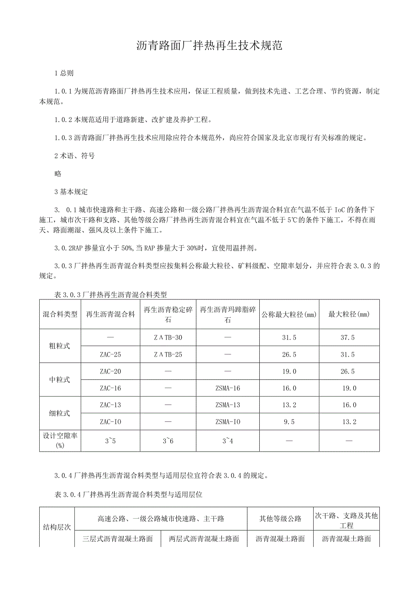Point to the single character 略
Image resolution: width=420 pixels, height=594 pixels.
point(58,173)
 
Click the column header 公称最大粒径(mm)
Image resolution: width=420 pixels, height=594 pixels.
point(289,315)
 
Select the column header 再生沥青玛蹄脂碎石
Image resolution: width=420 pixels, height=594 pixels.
point(227,315)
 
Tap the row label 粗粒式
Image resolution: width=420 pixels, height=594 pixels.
point(60,346)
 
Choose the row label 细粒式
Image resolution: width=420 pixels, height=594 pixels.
point(60,413)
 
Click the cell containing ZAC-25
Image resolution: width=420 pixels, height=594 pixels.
point(110,354)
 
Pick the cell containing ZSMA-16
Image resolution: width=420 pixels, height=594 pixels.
point(227,388)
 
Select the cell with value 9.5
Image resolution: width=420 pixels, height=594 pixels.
point(289,422)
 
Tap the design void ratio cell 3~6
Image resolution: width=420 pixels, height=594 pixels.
point(168,441)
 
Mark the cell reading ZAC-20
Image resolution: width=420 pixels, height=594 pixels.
point(110,372)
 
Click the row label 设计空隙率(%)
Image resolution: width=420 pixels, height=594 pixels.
point(60,441)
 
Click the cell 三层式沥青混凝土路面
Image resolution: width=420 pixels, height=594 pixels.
point(117,539)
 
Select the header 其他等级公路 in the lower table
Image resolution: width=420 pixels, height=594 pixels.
point(280,519)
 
